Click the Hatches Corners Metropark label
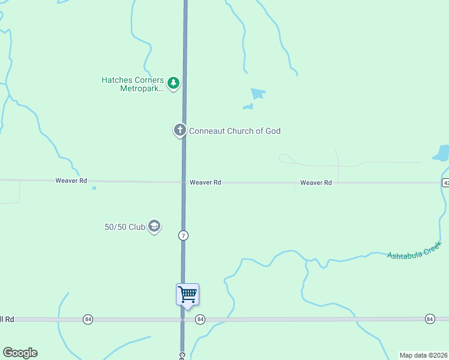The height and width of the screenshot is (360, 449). coord(132,83)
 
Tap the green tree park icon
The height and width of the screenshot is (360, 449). coord(173,83)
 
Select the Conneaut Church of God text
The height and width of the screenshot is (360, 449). coord(235,131)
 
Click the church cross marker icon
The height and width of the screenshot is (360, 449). coord(179,130)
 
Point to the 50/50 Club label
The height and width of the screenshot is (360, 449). coord(125,227)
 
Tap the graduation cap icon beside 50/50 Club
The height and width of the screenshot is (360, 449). coord(154,226)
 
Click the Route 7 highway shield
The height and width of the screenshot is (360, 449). coord(183,236)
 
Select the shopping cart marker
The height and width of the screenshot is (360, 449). coord(187,295)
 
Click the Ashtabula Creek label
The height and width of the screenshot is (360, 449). coord(414,249)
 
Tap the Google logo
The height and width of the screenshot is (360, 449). coord(20,353)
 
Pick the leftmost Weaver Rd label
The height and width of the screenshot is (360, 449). coord(71,181)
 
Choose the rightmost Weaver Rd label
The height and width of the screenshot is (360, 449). coord(316,182)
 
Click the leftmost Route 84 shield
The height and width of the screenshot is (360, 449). coord(88,319)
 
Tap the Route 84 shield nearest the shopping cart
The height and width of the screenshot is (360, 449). coord(200,320)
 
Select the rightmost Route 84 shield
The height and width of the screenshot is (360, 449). coord(430,319)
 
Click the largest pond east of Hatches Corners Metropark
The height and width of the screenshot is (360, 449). coord(258,94)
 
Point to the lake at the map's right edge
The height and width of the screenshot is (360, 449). coord(442,153)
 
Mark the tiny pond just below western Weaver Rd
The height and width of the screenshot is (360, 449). coord(94,188)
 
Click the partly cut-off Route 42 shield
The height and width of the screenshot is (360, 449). coord(445,183)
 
